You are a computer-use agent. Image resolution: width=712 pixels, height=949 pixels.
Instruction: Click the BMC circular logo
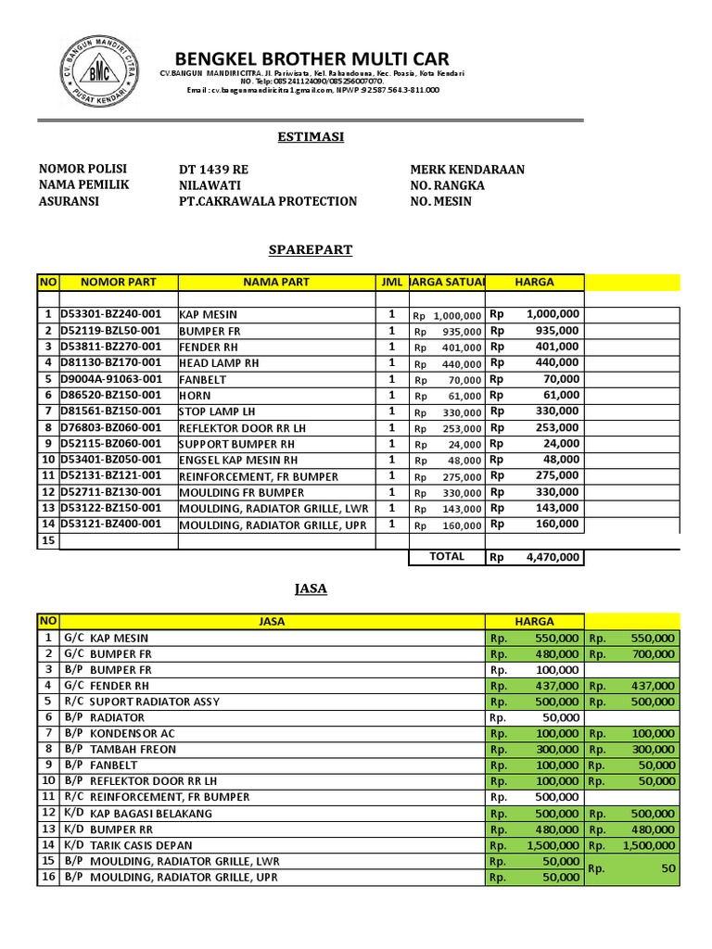(x=95, y=71)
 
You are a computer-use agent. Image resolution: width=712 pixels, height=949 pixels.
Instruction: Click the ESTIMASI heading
(x=311, y=136)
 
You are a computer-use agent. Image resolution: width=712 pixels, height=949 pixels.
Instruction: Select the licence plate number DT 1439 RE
(x=213, y=170)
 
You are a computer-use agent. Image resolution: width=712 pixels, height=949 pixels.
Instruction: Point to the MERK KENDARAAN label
(x=467, y=170)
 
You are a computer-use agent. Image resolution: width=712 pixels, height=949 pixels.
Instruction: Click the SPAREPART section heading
(x=311, y=250)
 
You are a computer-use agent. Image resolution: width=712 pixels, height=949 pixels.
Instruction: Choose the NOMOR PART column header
(x=119, y=282)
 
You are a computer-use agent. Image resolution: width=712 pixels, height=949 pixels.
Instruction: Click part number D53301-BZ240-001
(x=111, y=314)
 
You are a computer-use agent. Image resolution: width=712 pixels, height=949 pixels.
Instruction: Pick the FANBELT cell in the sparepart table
(x=203, y=379)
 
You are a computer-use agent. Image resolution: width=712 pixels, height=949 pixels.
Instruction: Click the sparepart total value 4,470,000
(x=553, y=557)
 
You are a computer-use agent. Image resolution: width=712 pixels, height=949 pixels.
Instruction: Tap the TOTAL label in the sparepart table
(x=447, y=556)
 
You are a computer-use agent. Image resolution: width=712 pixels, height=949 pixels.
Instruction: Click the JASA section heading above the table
(x=311, y=588)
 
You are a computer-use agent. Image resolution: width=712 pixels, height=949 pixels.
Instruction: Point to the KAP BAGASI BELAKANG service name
(x=151, y=813)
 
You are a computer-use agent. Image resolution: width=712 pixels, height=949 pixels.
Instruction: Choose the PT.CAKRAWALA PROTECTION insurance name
(x=268, y=201)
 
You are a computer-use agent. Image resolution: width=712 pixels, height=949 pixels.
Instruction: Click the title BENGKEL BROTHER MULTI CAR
(x=312, y=60)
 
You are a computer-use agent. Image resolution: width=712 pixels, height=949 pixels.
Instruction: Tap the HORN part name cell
(x=196, y=395)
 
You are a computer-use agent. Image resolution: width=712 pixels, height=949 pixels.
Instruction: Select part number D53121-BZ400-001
(x=111, y=524)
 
